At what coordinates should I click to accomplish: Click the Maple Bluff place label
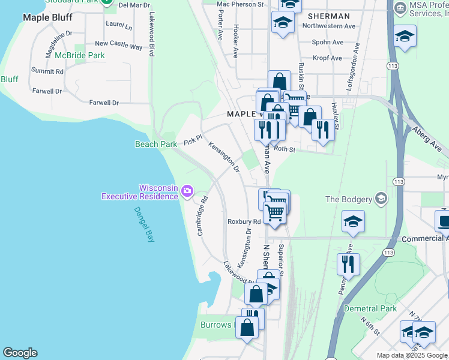pyautogui.click(x=47, y=17)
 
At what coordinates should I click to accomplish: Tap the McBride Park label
pyautogui.click(x=79, y=55)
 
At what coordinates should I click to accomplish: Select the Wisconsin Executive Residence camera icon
pyautogui.click(x=187, y=191)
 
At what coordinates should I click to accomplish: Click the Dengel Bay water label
pyautogui.click(x=143, y=224)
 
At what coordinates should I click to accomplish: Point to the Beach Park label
pyautogui.click(x=155, y=144)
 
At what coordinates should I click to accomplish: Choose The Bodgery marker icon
pyautogui.click(x=380, y=199)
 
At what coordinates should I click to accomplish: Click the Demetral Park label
pyautogui.click(x=370, y=309)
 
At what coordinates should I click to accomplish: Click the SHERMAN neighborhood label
pyautogui.click(x=328, y=16)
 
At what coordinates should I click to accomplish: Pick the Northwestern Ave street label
pyautogui.click(x=329, y=26)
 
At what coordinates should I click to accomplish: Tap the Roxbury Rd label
pyautogui.click(x=244, y=221)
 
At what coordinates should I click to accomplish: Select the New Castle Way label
pyautogui.click(x=118, y=45)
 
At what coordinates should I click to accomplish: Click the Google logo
pyautogui.click(x=20, y=353)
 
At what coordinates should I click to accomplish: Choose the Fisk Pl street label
pyautogui.click(x=190, y=140)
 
